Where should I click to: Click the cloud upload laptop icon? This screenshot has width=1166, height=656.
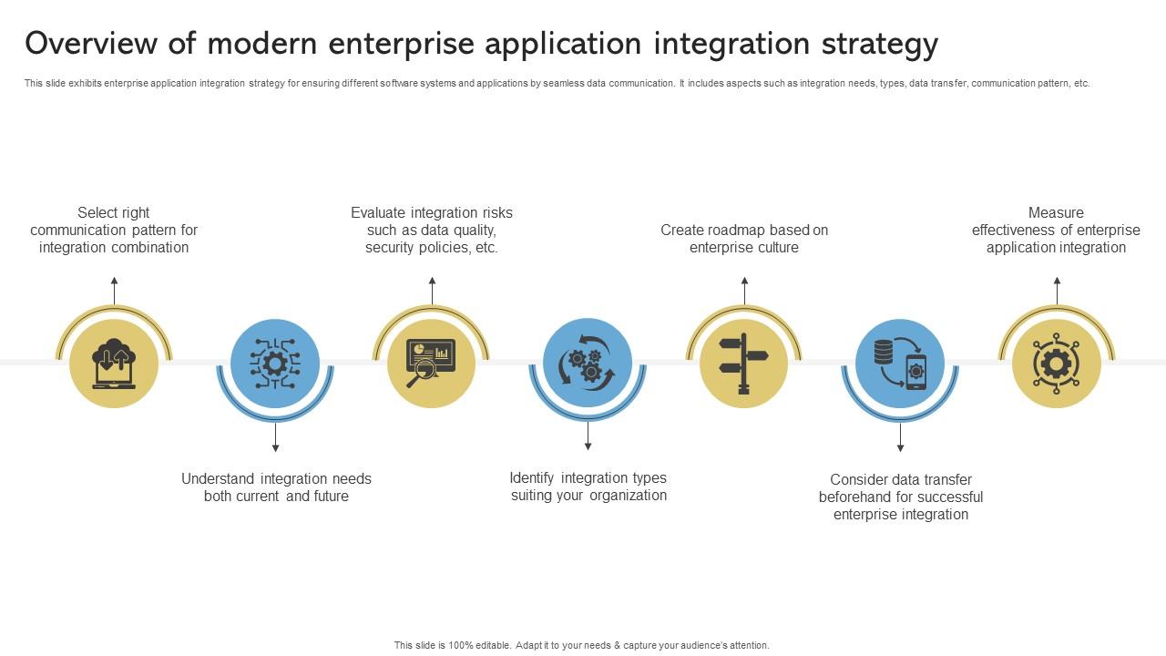click(114, 364)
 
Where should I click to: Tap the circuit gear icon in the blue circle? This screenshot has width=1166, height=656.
click(275, 364)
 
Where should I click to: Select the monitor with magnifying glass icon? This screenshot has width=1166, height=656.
click(431, 364)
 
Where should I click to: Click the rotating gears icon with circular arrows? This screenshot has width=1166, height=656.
click(588, 364)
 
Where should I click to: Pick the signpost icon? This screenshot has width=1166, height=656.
click(744, 364)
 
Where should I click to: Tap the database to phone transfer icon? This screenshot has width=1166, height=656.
click(900, 364)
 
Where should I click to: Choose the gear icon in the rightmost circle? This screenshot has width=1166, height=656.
click(1057, 364)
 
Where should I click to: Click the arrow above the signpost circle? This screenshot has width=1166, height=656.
click(744, 291)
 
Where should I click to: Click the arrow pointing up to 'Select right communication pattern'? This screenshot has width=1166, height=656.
click(114, 291)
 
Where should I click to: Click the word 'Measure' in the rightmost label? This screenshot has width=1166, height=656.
click(1056, 212)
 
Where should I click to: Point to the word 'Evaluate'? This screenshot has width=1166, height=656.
click(378, 212)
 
